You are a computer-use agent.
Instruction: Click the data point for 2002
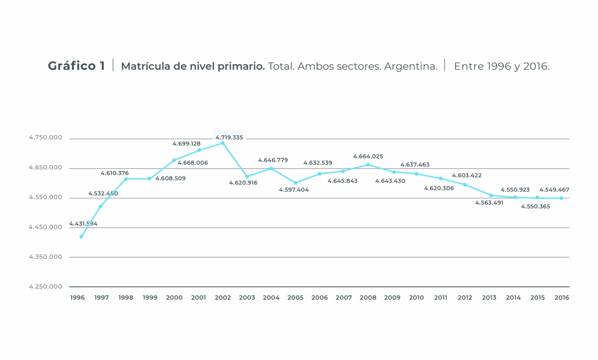pos(223,143)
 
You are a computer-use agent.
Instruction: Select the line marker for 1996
pos(81,236)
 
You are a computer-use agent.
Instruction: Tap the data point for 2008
pos(368,165)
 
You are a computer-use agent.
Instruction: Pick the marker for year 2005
pos(295,183)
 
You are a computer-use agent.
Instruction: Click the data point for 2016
pos(561,198)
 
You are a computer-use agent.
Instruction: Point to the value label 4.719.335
pos(229,137)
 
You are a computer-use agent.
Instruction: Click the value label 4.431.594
pos(83,224)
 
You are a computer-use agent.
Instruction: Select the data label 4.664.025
pos(368,156)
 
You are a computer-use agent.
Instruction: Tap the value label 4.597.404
pos(294,190)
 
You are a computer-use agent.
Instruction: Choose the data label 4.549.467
pos(554,189)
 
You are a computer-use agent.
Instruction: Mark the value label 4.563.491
pos(490,203)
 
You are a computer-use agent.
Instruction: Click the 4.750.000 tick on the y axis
pos(45,138)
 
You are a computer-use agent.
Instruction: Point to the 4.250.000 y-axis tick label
pos(45,287)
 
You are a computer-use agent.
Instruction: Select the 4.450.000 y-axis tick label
pos(45,227)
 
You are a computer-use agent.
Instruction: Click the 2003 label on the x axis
pos(247,298)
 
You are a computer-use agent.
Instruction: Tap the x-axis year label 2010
pos(416,298)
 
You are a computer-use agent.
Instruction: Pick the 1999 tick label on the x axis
pos(149,298)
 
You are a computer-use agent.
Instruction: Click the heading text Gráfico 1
pos(76,66)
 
